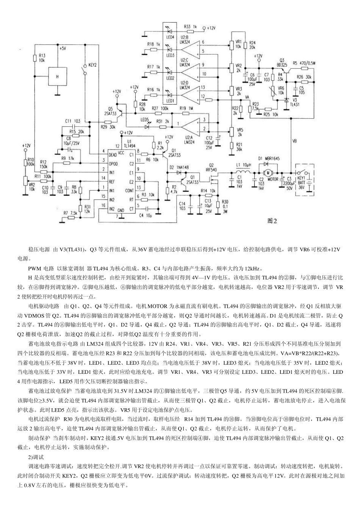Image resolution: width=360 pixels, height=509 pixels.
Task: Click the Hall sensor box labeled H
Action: point(58,76)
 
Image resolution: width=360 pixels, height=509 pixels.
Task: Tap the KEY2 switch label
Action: point(92,65)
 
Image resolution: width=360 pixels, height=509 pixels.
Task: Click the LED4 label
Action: point(170,37)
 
